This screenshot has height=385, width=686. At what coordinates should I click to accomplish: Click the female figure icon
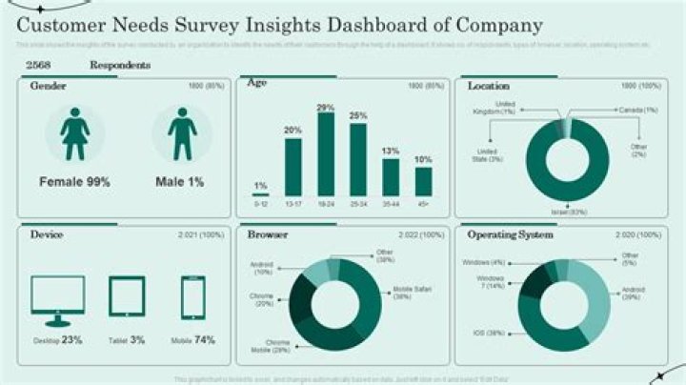click(x=75, y=133)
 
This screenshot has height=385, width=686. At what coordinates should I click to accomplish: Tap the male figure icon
click(x=182, y=133)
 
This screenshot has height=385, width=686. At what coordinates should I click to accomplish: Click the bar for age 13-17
click(x=293, y=167)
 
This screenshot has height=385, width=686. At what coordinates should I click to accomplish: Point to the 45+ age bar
click(x=423, y=181)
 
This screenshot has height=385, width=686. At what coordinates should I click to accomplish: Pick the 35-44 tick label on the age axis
click(x=391, y=204)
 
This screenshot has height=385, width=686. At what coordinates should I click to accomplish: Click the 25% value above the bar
click(x=358, y=116)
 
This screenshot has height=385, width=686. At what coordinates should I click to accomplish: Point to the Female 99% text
click(x=75, y=180)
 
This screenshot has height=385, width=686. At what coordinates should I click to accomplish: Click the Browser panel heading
click(x=268, y=233)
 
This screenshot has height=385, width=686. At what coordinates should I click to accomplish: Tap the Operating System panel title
click(x=510, y=233)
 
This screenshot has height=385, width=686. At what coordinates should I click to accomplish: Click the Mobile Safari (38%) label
click(x=414, y=292)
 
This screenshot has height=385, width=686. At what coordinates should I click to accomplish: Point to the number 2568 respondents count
click(x=39, y=66)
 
